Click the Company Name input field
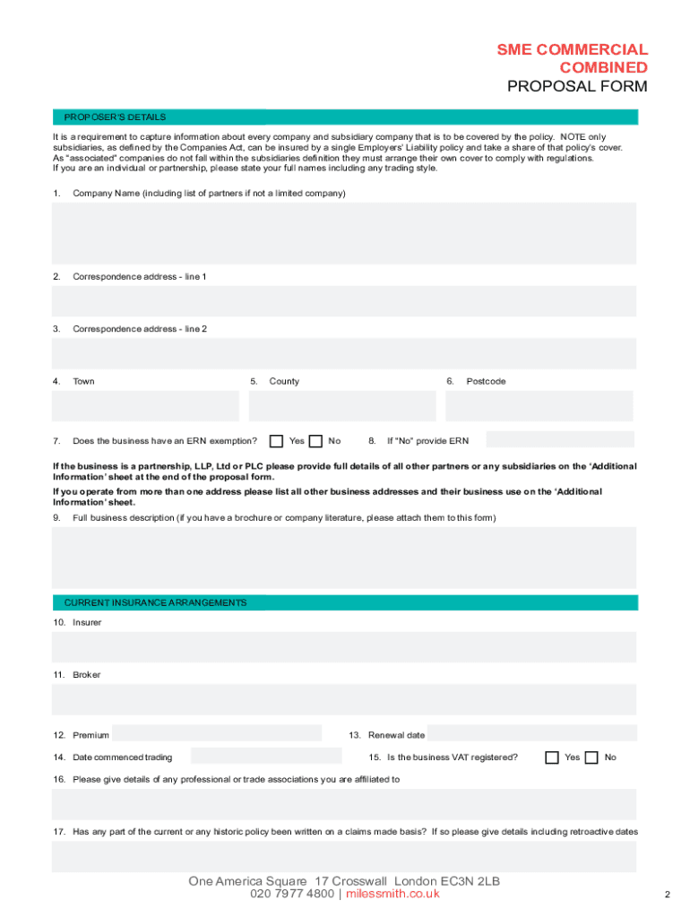(x=344, y=233)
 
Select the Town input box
(x=145, y=406)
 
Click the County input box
(x=342, y=406)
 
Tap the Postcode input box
(x=539, y=406)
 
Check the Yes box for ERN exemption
(x=277, y=441)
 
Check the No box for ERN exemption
(x=316, y=441)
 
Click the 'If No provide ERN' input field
(x=559, y=440)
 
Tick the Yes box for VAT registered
(x=552, y=758)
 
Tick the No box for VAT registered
(x=591, y=758)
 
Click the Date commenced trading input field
(x=265, y=757)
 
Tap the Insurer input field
(x=344, y=647)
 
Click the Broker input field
(x=344, y=699)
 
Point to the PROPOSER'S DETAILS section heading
(x=115, y=117)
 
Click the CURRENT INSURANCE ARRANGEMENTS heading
(x=155, y=602)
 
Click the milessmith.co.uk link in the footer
(x=392, y=894)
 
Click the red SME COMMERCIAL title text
(x=573, y=50)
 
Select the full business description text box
(x=344, y=557)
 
